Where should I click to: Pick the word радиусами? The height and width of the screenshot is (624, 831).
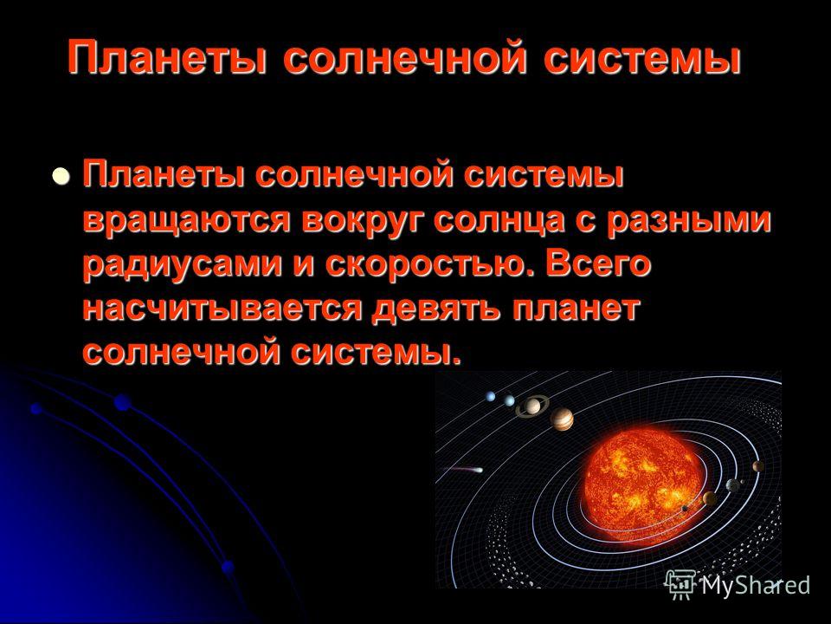pyautogui.click(x=183, y=265)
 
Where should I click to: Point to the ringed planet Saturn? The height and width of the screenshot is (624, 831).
pyautogui.click(x=532, y=406)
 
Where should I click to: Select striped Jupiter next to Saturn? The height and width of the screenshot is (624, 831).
pyautogui.click(x=562, y=419)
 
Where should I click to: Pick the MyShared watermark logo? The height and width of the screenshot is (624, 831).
pyautogui.click(x=738, y=585)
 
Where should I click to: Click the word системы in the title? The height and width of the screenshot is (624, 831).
pyautogui.click(x=641, y=58)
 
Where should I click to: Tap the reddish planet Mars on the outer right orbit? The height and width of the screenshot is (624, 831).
pyautogui.click(x=758, y=466)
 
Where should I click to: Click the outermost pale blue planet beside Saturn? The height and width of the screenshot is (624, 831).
pyautogui.click(x=491, y=396)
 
